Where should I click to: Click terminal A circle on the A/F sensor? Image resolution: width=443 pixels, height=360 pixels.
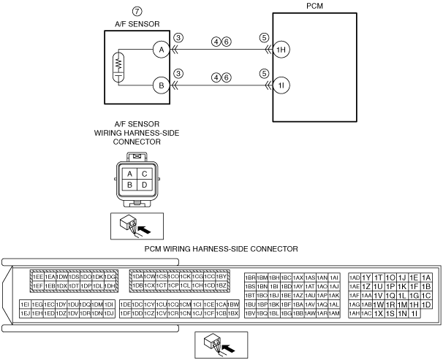(159, 50)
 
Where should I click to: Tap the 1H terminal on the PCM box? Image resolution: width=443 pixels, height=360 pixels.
(281, 50)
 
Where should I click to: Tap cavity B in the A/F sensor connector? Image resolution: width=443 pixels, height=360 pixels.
(130, 185)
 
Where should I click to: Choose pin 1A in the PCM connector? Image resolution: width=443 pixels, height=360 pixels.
(426, 277)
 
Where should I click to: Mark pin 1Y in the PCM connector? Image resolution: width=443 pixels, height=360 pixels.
(366, 277)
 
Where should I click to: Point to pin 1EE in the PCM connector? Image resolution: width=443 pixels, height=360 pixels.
(37, 277)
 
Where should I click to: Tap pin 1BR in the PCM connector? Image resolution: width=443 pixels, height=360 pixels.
(250, 277)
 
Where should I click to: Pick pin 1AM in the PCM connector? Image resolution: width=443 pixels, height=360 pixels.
(334, 313)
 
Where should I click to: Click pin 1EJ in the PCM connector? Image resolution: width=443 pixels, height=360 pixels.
(25, 313)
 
